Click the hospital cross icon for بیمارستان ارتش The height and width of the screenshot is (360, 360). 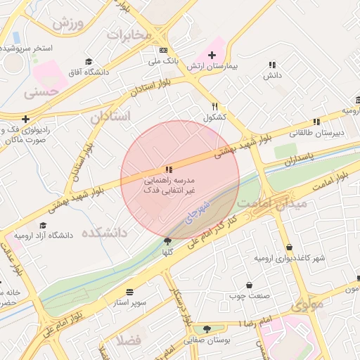(212, 55)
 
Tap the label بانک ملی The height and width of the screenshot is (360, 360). (163, 61)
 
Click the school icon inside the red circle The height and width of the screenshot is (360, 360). (168, 169)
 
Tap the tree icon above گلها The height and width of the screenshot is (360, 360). (167, 240)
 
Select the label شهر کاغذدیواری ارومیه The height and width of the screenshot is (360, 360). (290, 258)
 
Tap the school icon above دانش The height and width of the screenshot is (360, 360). (271, 65)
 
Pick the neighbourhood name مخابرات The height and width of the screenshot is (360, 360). (129, 34)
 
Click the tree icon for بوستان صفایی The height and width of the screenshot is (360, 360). (207, 329)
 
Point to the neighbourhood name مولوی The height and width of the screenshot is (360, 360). (307, 304)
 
